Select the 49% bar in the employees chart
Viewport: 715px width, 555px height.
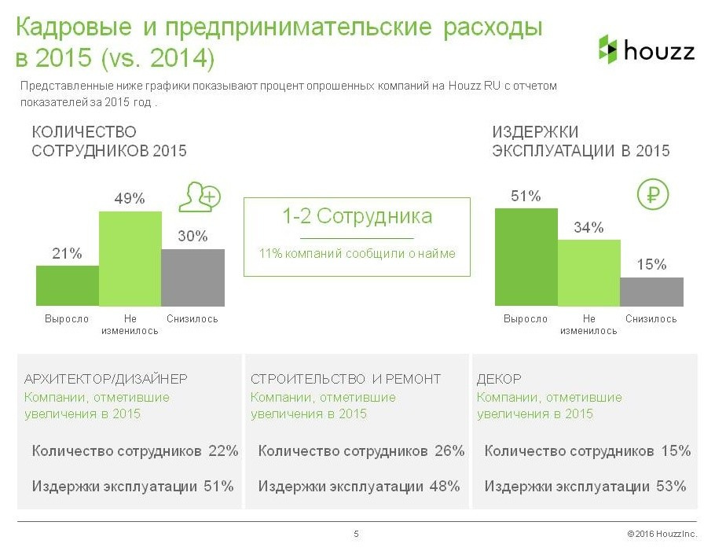(x=130, y=258)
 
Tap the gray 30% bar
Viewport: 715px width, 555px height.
(x=192, y=277)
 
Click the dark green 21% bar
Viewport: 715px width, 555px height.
(x=68, y=285)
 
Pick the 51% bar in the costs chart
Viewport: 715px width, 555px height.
(x=526, y=256)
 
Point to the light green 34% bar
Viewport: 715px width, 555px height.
(x=588, y=272)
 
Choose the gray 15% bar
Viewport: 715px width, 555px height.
(x=651, y=291)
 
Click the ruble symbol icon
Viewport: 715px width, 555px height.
(x=652, y=195)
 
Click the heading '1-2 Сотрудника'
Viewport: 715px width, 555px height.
(x=357, y=216)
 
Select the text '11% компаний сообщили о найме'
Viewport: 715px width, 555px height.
(x=357, y=254)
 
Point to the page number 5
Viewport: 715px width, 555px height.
(x=357, y=535)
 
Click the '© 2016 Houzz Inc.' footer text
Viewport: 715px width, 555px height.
(x=662, y=535)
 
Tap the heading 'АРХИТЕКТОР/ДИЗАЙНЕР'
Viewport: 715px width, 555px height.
(x=106, y=379)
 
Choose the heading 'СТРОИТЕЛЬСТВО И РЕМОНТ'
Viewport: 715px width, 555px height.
(x=346, y=379)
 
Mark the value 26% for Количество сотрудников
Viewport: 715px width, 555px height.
(x=449, y=451)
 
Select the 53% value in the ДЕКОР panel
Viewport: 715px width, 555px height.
(x=670, y=487)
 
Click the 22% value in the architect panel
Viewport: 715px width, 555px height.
(x=223, y=451)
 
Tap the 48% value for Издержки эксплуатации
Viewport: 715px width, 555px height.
(x=444, y=487)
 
